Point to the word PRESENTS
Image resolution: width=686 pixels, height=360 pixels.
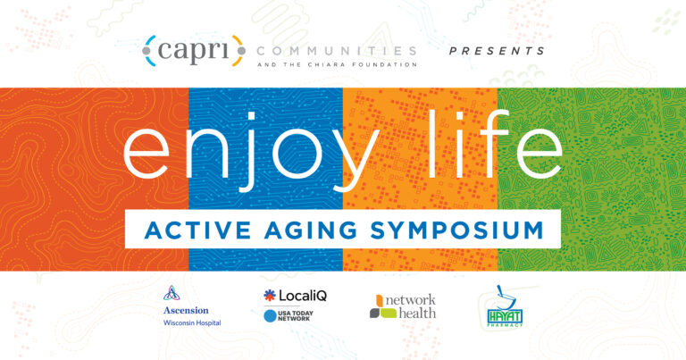tap(497, 51)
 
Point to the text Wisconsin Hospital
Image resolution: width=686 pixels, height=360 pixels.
tap(191, 324)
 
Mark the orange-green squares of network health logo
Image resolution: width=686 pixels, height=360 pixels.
tap(379, 306)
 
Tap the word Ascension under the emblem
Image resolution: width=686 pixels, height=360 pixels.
tap(187, 312)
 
